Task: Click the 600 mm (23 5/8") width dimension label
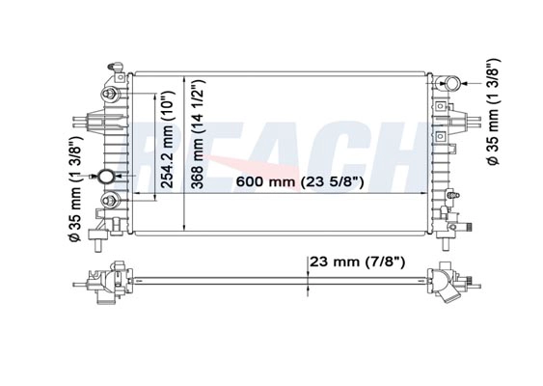click(300, 181)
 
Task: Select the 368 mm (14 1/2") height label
click(199, 134)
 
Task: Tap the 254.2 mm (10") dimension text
click(167, 140)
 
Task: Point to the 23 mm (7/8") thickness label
click(357, 262)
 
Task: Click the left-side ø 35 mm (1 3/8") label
click(75, 188)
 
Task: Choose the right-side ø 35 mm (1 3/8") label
click(493, 112)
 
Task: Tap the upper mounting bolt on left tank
click(109, 94)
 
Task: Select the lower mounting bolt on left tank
click(110, 201)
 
